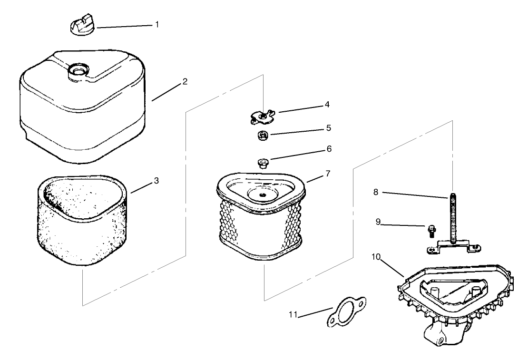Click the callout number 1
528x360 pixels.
[x=157, y=24]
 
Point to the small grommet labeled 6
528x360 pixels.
[x=261, y=164]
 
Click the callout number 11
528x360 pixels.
[x=293, y=315]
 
